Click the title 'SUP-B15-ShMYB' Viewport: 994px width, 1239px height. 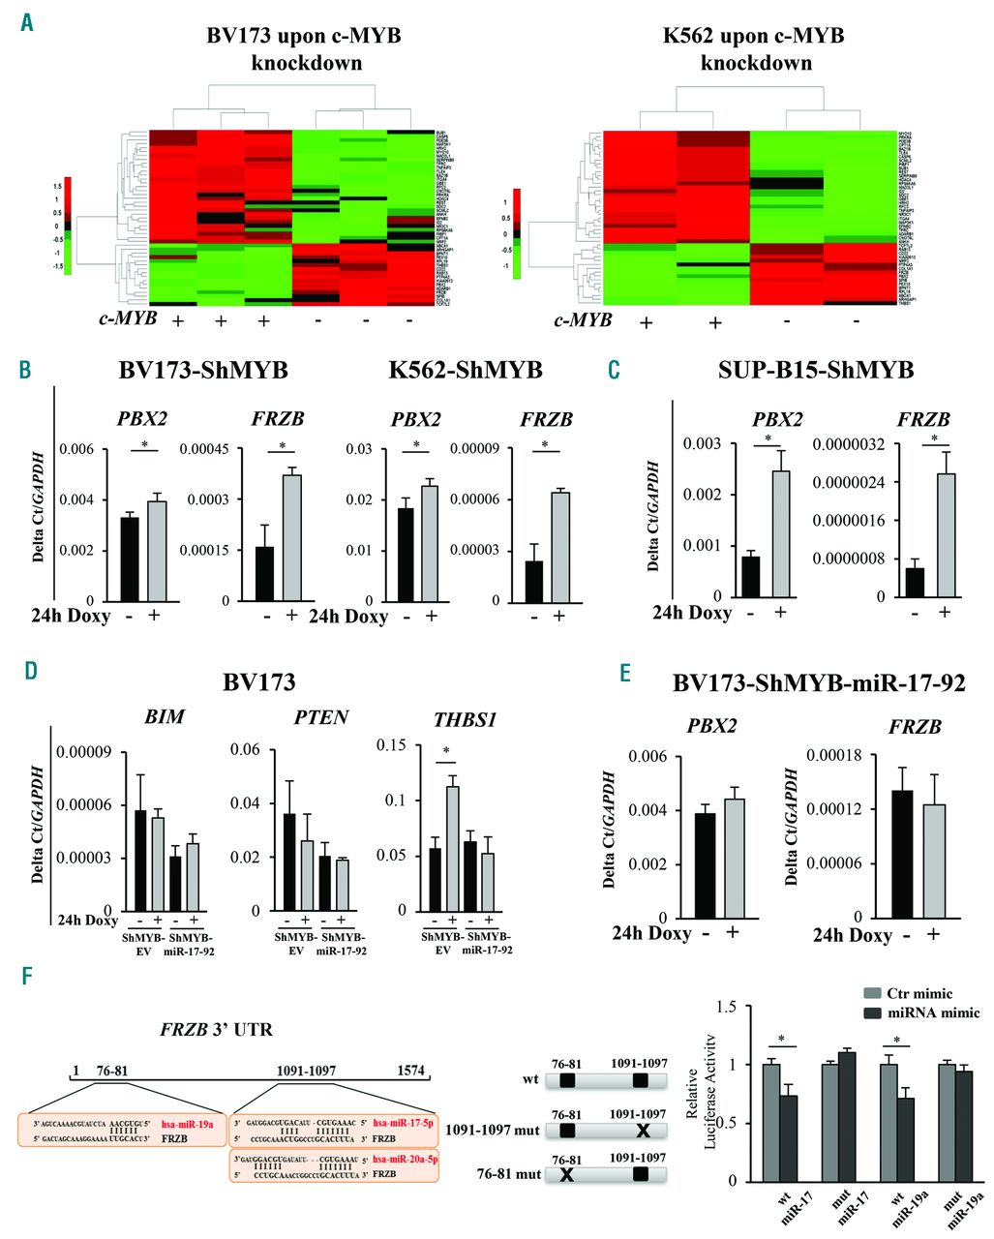[817, 370]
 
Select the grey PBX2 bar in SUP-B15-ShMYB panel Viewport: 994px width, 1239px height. [781, 533]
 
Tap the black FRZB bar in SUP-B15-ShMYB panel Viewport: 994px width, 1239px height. [914, 582]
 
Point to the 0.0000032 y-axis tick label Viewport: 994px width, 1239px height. [850, 444]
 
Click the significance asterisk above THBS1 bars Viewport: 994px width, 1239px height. [445, 751]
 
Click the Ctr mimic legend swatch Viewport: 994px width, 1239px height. [872, 994]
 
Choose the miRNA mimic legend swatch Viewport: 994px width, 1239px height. [872, 1012]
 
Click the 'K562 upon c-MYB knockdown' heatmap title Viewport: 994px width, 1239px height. [755, 49]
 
